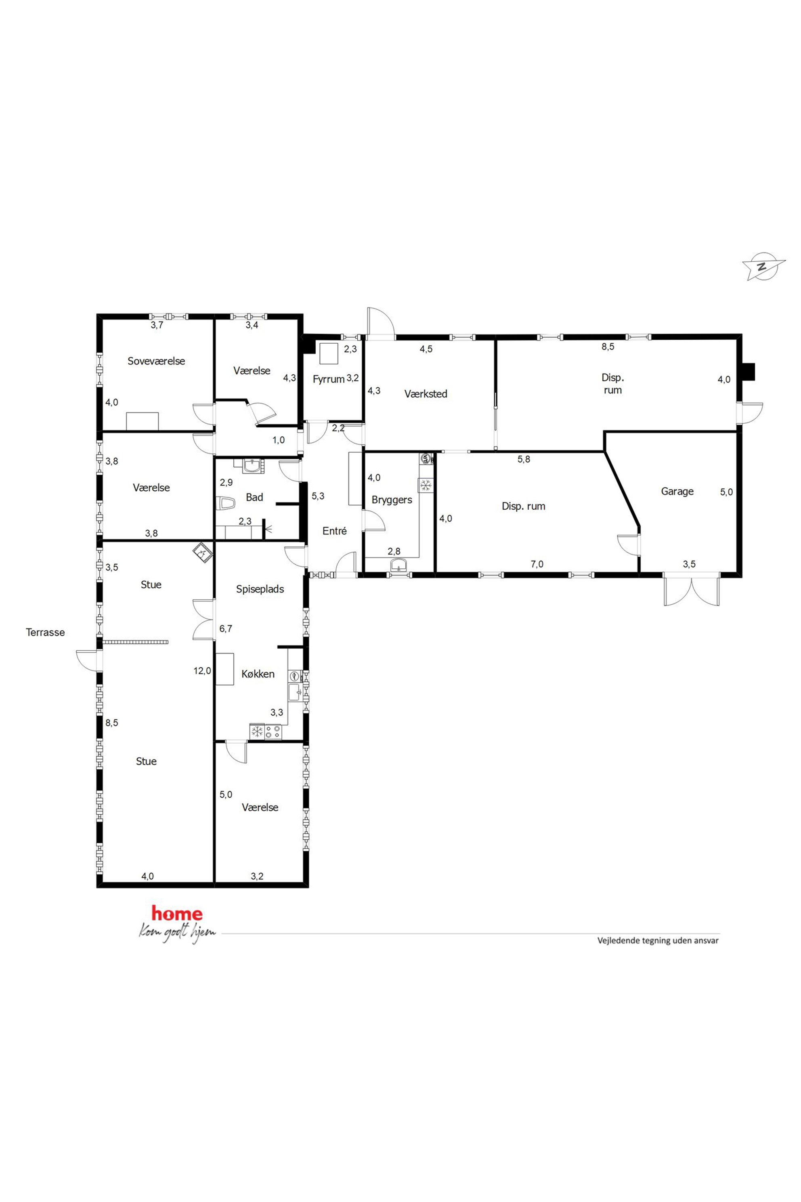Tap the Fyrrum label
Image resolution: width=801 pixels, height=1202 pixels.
click(x=329, y=379)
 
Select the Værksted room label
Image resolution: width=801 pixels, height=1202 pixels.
click(x=426, y=394)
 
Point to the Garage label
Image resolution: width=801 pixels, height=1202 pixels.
click(x=677, y=492)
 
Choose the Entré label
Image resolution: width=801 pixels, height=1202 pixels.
click(x=335, y=531)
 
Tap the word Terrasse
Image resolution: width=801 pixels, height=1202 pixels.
click(x=46, y=632)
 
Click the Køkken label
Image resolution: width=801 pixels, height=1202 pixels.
click(x=258, y=674)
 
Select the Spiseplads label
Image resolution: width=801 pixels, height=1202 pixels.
click(x=260, y=589)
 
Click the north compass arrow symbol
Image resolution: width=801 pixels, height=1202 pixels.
click(x=763, y=266)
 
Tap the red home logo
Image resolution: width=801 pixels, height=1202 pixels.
click(x=177, y=913)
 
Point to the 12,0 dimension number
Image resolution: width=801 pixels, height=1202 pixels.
click(x=202, y=671)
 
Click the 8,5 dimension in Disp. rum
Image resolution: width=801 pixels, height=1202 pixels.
click(x=608, y=347)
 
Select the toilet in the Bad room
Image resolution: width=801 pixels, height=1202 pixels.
click(x=225, y=503)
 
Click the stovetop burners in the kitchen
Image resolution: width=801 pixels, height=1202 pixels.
click(x=273, y=732)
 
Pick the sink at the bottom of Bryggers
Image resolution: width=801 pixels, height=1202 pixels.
click(x=398, y=565)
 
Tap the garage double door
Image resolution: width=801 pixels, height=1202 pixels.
click(x=692, y=590)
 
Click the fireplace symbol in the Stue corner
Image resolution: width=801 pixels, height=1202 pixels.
click(x=202, y=553)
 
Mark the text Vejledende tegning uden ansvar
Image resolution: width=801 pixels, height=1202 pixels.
click(x=658, y=940)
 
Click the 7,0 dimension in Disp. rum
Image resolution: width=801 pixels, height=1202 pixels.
click(x=537, y=564)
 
